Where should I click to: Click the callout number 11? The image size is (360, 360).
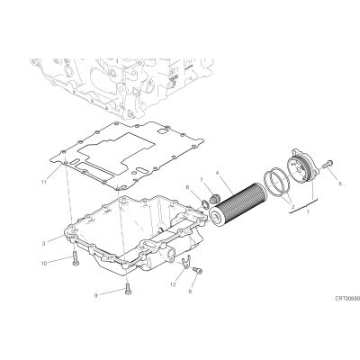pyautogui.click(x=44, y=182)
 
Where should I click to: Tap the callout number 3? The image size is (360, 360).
pyautogui.click(x=44, y=244)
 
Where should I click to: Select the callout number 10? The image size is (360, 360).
pyautogui.click(x=44, y=264)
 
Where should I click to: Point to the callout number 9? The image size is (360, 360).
pyautogui.click(x=96, y=296)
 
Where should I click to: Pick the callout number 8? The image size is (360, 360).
pyautogui.click(x=190, y=291)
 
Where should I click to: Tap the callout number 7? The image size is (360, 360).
pyautogui.click(x=202, y=179)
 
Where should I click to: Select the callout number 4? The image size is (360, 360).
pyautogui.click(x=218, y=173)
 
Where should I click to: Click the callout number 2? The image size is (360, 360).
pyautogui.click(x=292, y=206)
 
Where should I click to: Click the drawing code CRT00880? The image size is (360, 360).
pyautogui.click(x=347, y=299)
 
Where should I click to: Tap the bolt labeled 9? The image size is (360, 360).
pyautogui.click(x=128, y=289)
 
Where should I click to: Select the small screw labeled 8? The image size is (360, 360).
pyautogui.click(x=198, y=270)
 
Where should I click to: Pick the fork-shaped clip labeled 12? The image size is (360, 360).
pyautogui.click(x=186, y=261)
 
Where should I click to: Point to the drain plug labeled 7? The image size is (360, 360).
pyautogui.click(x=215, y=198)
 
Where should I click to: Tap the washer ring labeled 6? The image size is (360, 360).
pyautogui.click(x=205, y=204)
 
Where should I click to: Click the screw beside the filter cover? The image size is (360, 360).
pyautogui.click(x=327, y=164)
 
